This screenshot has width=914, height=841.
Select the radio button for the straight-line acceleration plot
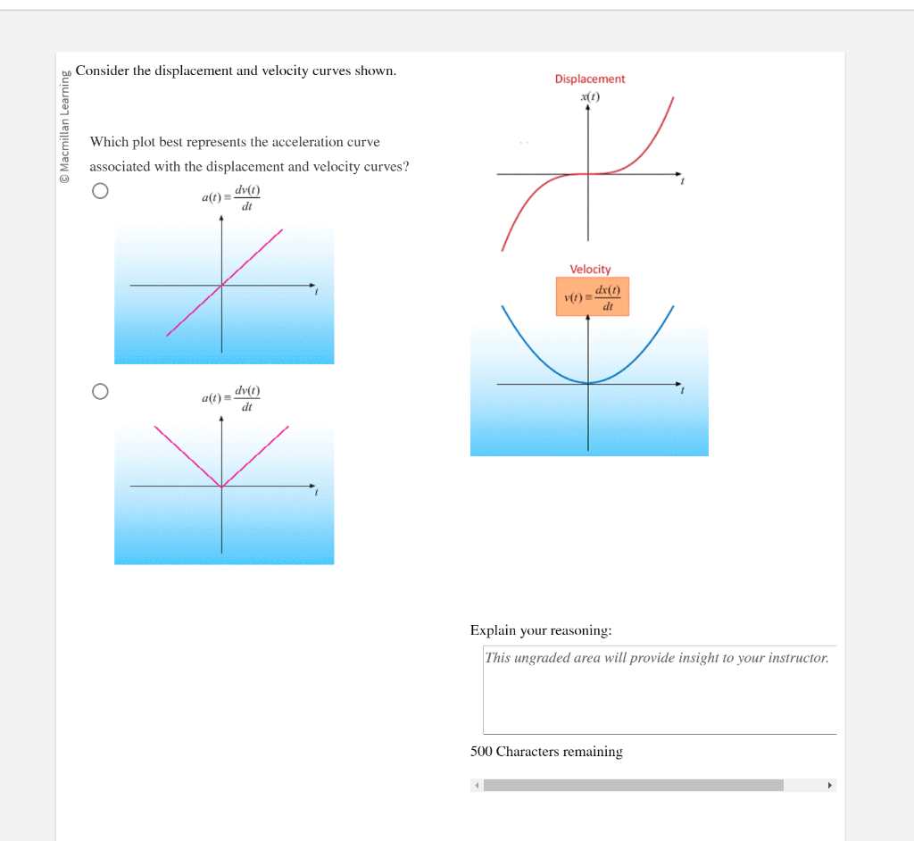[x=100, y=191]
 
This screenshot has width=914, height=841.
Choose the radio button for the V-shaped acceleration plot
[x=100, y=391]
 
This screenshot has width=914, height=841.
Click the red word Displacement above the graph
[x=590, y=79]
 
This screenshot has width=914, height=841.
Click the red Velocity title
[x=590, y=269]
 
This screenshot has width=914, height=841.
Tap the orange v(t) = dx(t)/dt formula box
[x=593, y=296]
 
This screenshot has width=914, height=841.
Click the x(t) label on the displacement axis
[x=590, y=96]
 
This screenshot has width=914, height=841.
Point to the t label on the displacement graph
[x=683, y=183]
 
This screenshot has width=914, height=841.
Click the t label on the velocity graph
[x=683, y=392]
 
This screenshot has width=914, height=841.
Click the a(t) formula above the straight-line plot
[x=231, y=196]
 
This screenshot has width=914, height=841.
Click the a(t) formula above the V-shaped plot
[x=231, y=397]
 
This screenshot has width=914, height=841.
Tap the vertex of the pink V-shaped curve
[x=222, y=487]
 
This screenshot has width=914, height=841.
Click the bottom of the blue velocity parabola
[x=587, y=383]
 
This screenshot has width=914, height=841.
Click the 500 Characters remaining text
[x=546, y=752]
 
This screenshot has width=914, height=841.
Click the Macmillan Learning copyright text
[x=64, y=126]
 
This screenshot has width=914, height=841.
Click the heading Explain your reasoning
[x=541, y=630]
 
